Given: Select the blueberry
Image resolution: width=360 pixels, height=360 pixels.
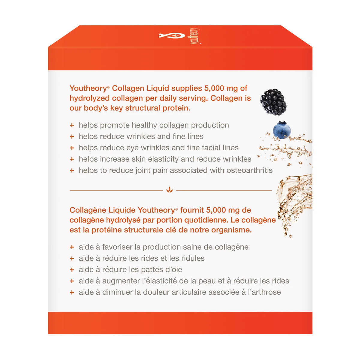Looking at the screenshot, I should [282, 130].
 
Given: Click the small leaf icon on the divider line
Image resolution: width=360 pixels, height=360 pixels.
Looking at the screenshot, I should [169, 190].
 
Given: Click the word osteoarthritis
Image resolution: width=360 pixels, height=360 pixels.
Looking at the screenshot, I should [249, 170].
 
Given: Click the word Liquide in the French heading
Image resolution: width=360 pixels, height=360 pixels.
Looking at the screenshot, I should [121, 210].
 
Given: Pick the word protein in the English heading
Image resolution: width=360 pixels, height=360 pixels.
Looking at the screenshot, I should [175, 108].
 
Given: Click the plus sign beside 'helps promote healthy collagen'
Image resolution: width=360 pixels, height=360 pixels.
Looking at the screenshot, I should [72, 125].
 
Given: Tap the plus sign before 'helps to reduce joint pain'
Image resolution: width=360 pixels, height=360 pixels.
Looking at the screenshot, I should [72, 170].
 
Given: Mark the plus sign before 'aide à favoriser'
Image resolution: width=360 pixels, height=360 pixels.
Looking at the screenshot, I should [72, 247].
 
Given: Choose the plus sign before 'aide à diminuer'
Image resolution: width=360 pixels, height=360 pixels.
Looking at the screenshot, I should [72, 292].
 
